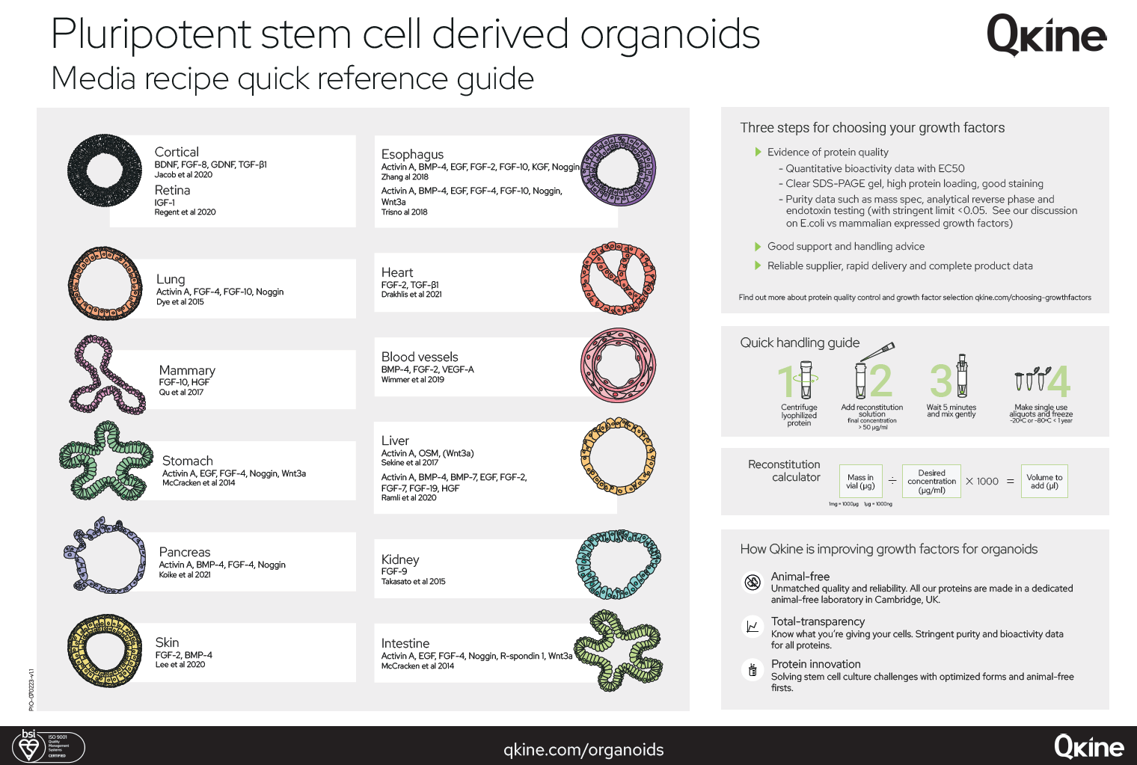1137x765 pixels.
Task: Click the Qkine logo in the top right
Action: pyautogui.click(x=1046, y=35)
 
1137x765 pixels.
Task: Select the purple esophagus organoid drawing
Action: pyautogui.click(x=619, y=171)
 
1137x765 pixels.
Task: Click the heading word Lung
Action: pyautogui.click(x=171, y=279)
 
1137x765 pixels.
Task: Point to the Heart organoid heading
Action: pyautogui.click(x=396, y=272)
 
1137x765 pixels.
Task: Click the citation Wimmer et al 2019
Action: pyautogui.click(x=412, y=380)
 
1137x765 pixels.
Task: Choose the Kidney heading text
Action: pyautogui.click(x=400, y=559)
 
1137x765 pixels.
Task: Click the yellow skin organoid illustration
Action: pyautogui.click(x=104, y=650)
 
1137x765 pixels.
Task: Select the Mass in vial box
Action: pyautogui.click(x=860, y=482)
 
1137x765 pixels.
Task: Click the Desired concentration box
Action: pyautogui.click(x=931, y=482)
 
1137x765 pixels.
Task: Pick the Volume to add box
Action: pyautogui.click(x=1044, y=482)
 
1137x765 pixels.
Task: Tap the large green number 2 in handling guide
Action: pyautogui.click(x=880, y=381)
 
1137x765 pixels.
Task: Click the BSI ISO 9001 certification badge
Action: pyautogui.click(x=48, y=746)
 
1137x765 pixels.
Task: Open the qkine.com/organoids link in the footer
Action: pyautogui.click(x=583, y=749)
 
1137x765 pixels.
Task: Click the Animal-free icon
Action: pyautogui.click(x=753, y=582)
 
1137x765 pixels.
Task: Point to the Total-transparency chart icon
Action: pyautogui.click(x=753, y=627)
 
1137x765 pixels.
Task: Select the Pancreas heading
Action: pyautogui.click(x=184, y=552)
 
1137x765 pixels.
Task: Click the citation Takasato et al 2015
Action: pyautogui.click(x=413, y=582)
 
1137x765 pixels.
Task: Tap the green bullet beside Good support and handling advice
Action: pyautogui.click(x=758, y=246)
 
